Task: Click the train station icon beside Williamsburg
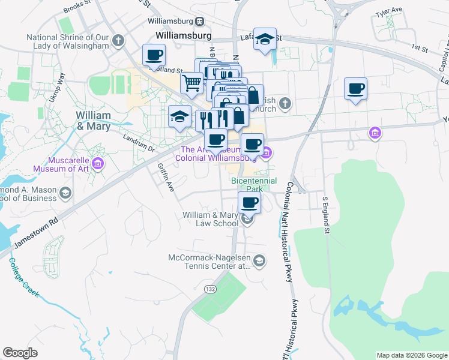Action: [x=200, y=21]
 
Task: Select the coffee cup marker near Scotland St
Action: [x=154, y=55]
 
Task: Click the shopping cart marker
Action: [x=191, y=83]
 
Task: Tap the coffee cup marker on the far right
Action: [x=355, y=89]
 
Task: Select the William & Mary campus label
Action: [x=93, y=121]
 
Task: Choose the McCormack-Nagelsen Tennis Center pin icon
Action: [x=259, y=260]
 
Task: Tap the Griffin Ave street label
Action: [x=166, y=177]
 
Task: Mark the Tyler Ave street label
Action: [x=389, y=11]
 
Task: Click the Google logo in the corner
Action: [x=20, y=353]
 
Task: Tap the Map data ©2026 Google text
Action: [x=411, y=355]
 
